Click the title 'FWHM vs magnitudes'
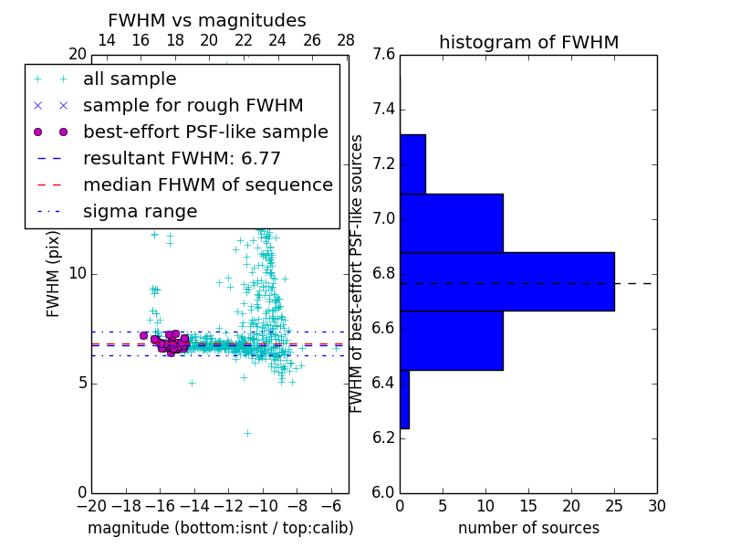[x=206, y=20]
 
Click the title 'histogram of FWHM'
[x=528, y=42]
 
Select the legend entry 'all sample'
[x=130, y=79]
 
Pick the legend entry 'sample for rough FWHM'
[x=193, y=106]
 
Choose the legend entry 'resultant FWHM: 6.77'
[x=182, y=158]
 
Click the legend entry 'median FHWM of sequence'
[x=207, y=184]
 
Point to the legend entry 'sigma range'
[x=140, y=211]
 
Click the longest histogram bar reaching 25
[x=506, y=281]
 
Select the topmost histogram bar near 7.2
[x=412, y=164]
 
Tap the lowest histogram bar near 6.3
[x=404, y=399]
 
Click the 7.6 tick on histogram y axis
[x=383, y=55]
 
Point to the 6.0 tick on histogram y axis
[x=383, y=492]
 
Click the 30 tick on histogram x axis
[x=656, y=505]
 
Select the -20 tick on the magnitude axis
[x=91, y=505]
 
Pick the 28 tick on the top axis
[x=346, y=40]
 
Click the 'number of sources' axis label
[x=528, y=528]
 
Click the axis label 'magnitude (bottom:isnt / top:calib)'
[x=220, y=528]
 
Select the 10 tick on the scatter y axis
[x=77, y=274]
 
